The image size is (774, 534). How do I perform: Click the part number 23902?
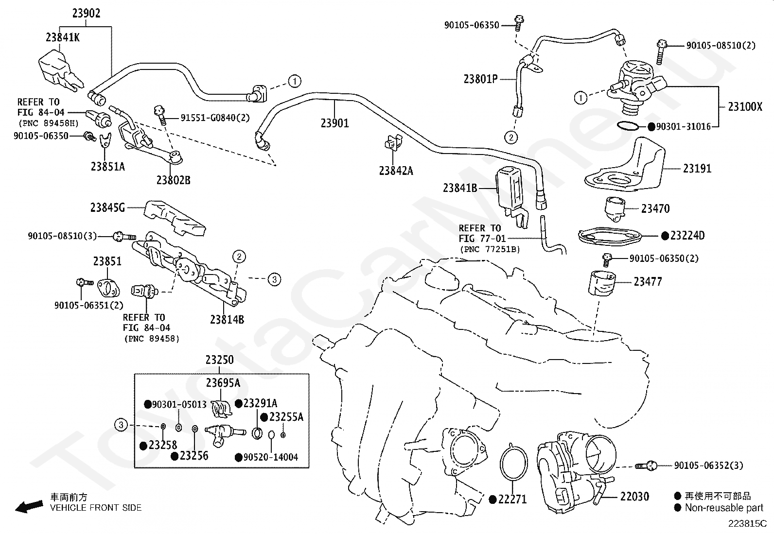(86, 14)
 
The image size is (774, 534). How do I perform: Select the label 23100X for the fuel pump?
(745, 106)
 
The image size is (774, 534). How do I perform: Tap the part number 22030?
(634, 497)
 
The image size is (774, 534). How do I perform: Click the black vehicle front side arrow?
(29, 507)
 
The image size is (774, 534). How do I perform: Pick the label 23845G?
(107, 208)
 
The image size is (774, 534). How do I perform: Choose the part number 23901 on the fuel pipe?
(334, 123)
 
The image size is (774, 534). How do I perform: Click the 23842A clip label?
(396, 171)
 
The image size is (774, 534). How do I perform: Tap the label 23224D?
(686, 236)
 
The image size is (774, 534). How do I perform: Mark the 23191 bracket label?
(697, 169)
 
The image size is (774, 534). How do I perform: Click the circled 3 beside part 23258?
(122, 426)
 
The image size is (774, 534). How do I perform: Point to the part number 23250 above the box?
(219, 360)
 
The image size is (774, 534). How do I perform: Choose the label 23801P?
(480, 79)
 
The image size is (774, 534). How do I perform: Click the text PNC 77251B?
(490, 249)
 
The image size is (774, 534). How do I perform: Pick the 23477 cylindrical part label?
(648, 281)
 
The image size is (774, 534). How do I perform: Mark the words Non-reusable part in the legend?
(724, 508)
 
